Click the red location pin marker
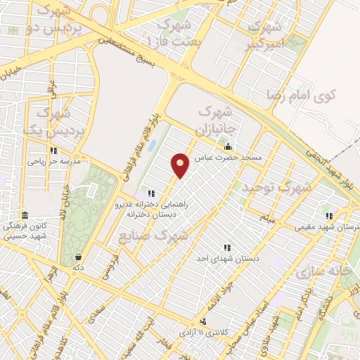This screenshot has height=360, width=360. tap(180, 165)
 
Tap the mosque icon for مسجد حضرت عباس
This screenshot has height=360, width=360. tap(228, 147)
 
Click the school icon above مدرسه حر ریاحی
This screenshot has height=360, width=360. tap(53, 150)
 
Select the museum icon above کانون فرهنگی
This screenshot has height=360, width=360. tap(25, 215)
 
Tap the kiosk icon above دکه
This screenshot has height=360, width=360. tap(78, 257)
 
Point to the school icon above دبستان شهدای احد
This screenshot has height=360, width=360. tap(226, 247)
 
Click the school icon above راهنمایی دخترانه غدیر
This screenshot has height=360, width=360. tap(150, 193)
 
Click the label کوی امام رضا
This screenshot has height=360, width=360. tap(302, 93)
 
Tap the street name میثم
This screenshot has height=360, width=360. tap(266, 218)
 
